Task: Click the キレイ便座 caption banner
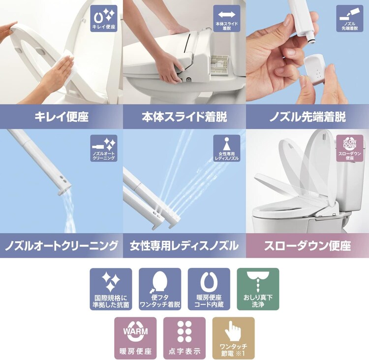point(61,117)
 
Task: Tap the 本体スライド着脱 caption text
point(184,117)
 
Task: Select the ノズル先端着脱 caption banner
point(307,117)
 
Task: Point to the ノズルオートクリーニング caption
point(61,245)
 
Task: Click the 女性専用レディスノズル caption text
point(184,245)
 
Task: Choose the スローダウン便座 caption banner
point(307,245)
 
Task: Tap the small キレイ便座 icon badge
point(104,19)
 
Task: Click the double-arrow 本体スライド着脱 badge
point(227,19)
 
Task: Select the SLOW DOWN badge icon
point(349,148)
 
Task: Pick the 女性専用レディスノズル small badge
point(227,148)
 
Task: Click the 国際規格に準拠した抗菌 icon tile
point(111,289)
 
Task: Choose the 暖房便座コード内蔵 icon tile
point(209,289)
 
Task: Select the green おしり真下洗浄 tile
point(258,289)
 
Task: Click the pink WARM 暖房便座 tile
point(135,338)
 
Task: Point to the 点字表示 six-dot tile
point(184,338)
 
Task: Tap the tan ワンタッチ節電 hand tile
point(233,338)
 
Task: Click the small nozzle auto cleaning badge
point(104,148)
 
